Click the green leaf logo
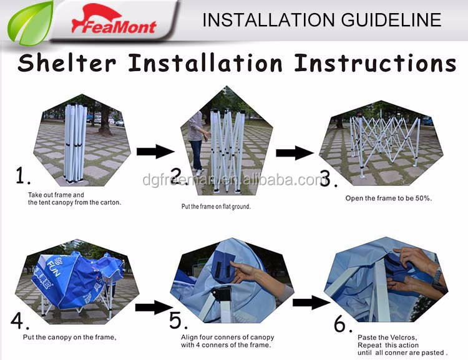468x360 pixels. tap(30, 23)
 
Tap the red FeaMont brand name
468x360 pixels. tap(114, 26)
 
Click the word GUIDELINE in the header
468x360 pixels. tap(391, 20)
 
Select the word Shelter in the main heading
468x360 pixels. tap(67, 63)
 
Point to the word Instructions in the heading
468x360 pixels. tap(375, 63)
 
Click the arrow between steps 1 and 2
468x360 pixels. tap(155, 152)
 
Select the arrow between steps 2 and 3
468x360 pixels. tap(295, 153)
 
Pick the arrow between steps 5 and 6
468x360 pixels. tap(311, 303)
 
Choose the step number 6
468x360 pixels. tap(342, 324)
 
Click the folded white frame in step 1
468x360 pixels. tap(76, 143)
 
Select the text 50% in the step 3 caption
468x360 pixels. tap(423, 198)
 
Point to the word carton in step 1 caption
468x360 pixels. tap(110, 202)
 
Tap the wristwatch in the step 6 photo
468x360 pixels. tap(437, 275)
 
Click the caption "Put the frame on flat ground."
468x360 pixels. tap(216, 207)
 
